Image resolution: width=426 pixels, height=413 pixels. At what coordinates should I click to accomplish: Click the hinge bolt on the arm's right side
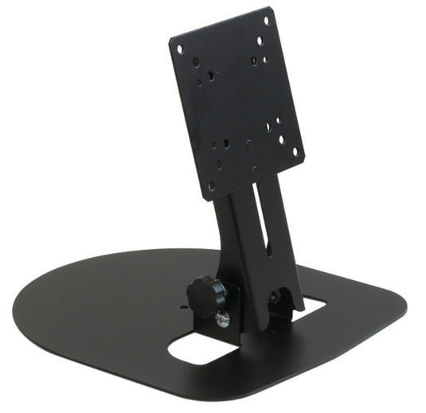pos(274,298)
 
